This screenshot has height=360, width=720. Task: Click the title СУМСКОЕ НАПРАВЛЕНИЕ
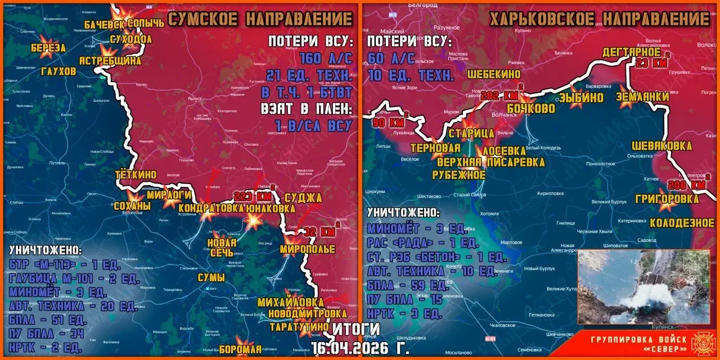point(260,19)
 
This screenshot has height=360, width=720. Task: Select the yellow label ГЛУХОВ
point(58,71)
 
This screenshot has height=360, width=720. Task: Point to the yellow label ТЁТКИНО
point(136,175)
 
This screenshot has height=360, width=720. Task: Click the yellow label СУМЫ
point(211,277)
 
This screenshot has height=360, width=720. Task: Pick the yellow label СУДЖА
point(303,198)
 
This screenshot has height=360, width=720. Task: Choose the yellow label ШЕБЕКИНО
point(493,74)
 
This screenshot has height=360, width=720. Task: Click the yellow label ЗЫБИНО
point(581,97)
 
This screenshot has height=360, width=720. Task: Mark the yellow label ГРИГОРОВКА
point(667,199)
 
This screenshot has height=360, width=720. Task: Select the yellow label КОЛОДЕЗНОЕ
point(682,223)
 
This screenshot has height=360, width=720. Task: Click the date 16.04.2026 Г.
point(360,348)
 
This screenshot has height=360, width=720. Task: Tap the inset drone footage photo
point(643,286)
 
